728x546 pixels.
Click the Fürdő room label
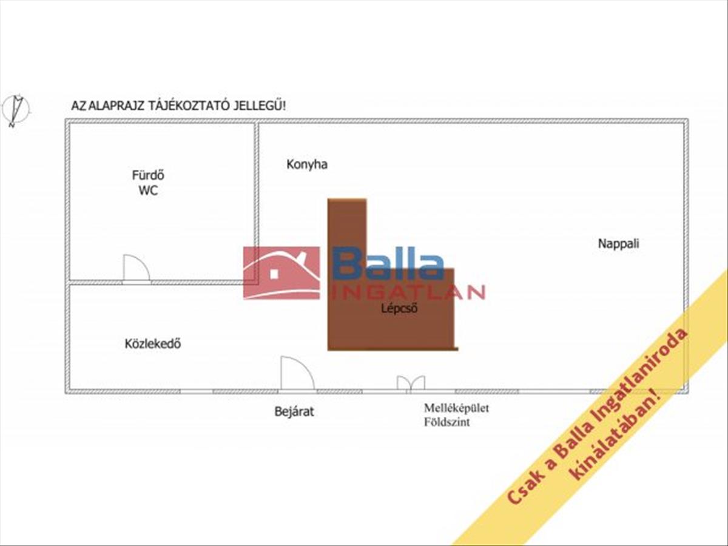pyautogui.click(x=149, y=176)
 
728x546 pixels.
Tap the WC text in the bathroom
pyautogui.click(x=149, y=190)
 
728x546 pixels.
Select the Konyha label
pyautogui.click(x=307, y=164)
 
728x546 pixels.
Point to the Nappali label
pyautogui.click(x=619, y=244)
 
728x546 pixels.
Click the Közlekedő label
pyautogui.click(x=153, y=344)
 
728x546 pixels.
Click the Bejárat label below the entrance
pyautogui.click(x=294, y=412)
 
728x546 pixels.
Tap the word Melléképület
pyautogui.click(x=456, y=408)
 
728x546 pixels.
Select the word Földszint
pyautogui.click(x=447, y=422)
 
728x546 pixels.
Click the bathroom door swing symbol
pyautogui.click(x=136, y=269)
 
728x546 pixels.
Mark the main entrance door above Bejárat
pyautogui.click(x=297, y=374)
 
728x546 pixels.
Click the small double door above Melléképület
pyautogui.click(x=411, y=383)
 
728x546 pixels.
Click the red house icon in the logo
pyautogui.click(x=281, y=273)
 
